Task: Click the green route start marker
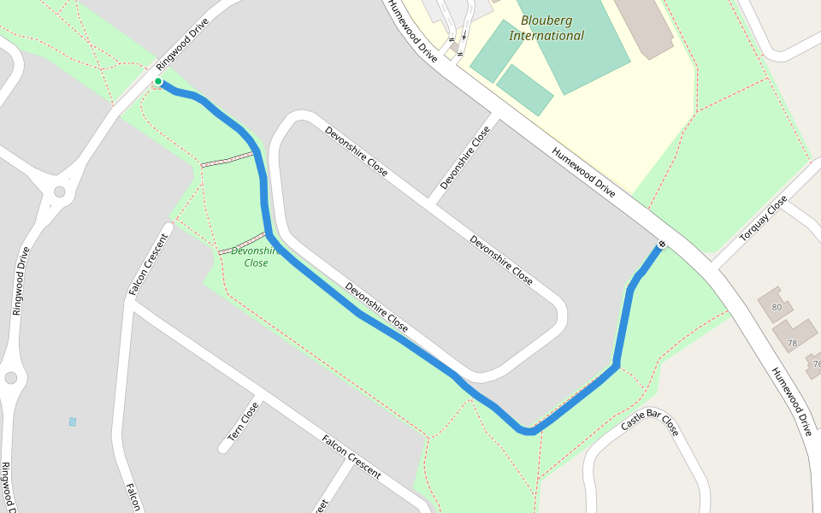158,82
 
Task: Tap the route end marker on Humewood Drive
661,245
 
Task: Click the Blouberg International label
546,27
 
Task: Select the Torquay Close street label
764,219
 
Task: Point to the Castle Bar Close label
649,423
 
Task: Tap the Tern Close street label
244,422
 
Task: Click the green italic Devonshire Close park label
256,256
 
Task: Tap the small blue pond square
73,422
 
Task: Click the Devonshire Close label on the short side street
465,158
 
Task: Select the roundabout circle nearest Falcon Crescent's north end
59,192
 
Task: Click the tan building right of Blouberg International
643,26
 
